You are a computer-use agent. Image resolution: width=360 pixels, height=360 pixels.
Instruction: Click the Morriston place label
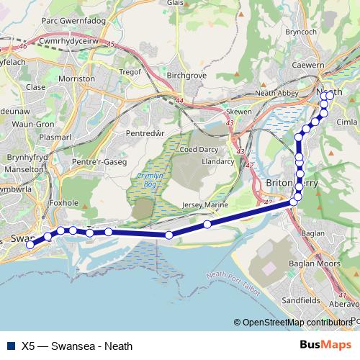pyautogui.click(x=76, y=78)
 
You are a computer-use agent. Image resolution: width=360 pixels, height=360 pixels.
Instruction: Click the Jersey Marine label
pyautogui.click(x=206, y=205)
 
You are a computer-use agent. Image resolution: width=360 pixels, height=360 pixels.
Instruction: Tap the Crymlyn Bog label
pyautogui.click(x=152, y=180)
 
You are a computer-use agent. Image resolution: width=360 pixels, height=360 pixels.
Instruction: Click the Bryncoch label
pyautogui.click(x=300, y=32)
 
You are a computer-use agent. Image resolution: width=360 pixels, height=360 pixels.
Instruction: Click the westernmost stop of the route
pyautogui.click(x=30, y=245)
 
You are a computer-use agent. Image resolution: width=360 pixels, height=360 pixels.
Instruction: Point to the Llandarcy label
pyautogui.click(x=218, y=162)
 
